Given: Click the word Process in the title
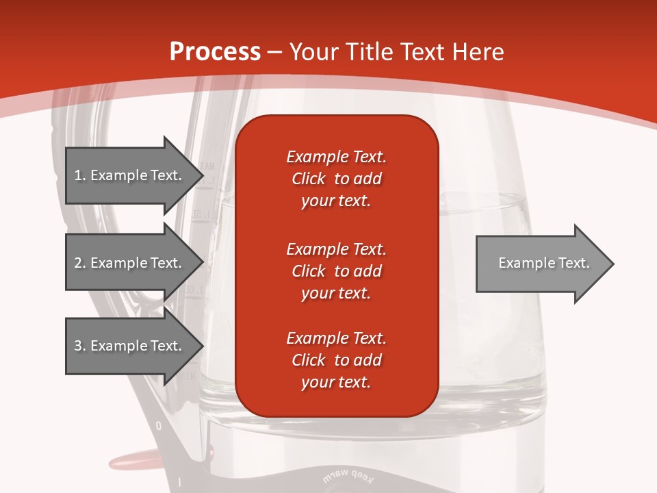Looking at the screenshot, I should (x=215, y=52).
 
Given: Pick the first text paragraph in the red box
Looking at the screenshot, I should (x=336, y=179).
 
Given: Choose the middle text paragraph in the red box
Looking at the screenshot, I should (x=336, y=271).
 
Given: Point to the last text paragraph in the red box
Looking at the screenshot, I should (x=336, y=360).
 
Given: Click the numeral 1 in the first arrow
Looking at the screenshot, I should (x=78, y=175).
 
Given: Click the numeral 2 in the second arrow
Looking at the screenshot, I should (x=78, y=263).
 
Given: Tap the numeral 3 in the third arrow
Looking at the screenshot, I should (x=78, y=346).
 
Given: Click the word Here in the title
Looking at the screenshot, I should (x=478, y=52).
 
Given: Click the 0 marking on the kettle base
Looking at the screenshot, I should (x=159, y=426).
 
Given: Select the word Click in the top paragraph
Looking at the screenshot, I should (x=308, y=179).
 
